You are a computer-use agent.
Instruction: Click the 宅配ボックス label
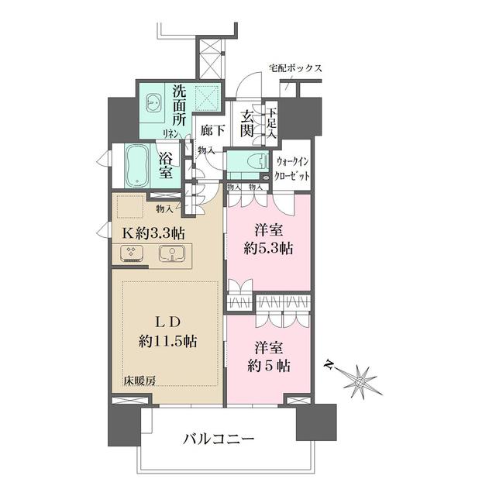click(295, 69)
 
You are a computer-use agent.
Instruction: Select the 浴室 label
click(166, 164)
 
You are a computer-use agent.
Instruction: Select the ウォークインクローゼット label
click(294, 169)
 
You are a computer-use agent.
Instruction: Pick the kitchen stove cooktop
click(133, 253)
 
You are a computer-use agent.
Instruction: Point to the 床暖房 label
click(139, 381)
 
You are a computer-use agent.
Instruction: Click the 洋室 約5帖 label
click(268, 356)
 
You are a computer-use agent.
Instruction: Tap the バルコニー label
click(219, 440)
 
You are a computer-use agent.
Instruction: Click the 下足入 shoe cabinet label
click(272, 124)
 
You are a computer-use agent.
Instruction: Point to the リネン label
click(171, 133)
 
